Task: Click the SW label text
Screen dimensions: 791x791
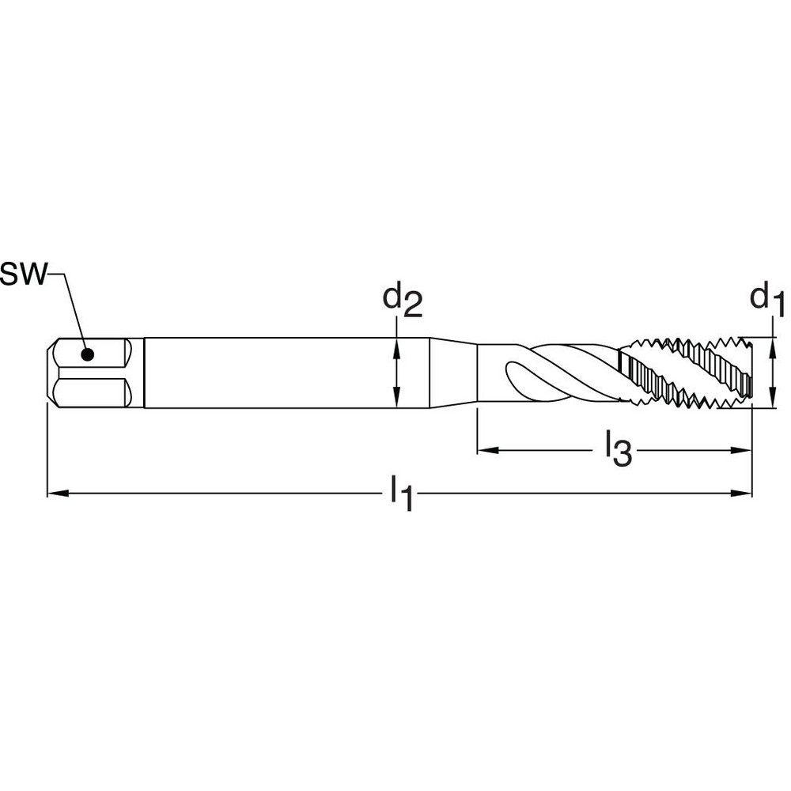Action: point(24,274)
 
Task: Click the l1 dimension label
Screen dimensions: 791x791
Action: point(401,495)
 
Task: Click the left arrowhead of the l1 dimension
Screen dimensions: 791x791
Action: point(55,494)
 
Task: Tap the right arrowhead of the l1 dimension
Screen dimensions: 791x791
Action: point(744,494)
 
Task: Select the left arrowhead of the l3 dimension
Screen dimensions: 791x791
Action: point(484,451)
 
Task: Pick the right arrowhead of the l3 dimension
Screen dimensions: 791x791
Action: point(744,451)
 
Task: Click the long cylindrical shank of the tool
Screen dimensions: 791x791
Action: point(269,373)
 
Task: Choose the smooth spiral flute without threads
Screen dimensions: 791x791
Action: point(546,372)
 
